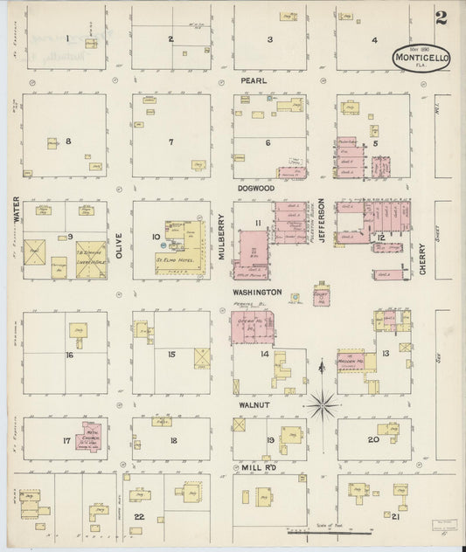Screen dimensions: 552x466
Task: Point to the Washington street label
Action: tap(257, 292)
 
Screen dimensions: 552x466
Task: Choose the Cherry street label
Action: tap(422, 259)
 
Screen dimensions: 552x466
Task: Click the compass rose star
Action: tap(323, 404)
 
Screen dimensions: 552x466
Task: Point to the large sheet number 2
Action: tap(441, 17)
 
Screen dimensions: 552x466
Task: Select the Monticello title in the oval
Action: tap(421, 59)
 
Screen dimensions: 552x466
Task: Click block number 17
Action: tap(66, 440)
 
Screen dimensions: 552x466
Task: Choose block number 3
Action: tap(270, 39)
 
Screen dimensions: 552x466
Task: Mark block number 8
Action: tap(67, 141)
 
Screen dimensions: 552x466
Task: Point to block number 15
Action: tap(172, 354)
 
